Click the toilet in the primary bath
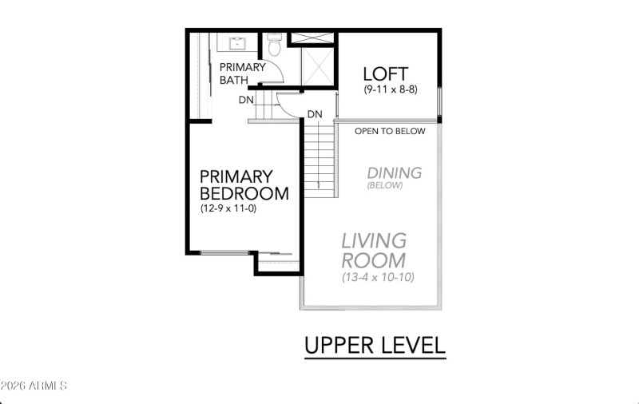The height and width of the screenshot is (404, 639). (273, 46)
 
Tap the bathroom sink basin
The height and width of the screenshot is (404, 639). (238, 43)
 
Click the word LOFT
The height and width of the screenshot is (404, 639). (386, 75)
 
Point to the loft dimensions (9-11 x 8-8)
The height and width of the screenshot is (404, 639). (390, 90)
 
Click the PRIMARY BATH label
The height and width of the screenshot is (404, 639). (242, 73)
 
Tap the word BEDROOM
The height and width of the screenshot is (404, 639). (244, 193)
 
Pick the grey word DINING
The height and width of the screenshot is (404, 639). (394, 172)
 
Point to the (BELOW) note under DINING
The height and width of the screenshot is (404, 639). (385, 185)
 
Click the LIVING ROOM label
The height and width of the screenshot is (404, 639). (374, 250)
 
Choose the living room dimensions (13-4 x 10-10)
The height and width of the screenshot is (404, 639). (378, 278)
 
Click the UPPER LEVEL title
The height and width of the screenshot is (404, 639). (374, 345)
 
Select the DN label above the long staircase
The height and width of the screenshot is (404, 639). (315, 114)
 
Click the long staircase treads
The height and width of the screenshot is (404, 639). (319, 160)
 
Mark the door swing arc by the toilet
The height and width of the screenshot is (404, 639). (276, 73)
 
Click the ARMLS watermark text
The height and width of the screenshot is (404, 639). (34, 386)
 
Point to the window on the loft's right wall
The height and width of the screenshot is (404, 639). (439, 100)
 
